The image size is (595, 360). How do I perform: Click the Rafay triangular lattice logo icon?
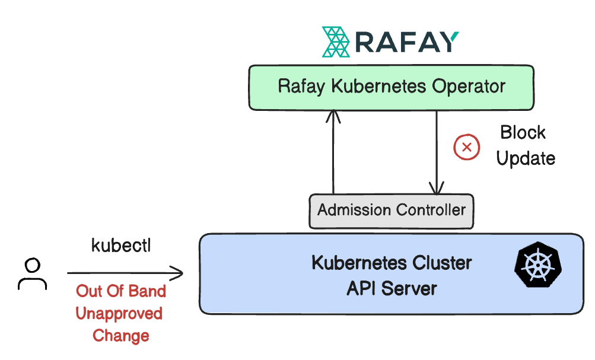coord(336,42)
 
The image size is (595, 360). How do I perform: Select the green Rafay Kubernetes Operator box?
coord(391,88)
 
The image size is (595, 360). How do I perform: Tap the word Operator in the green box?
coord(469,86)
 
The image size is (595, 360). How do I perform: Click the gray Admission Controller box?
coord(391,211)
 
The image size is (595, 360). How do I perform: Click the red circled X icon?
coord(467,147)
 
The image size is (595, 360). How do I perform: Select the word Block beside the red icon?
coord(523,132)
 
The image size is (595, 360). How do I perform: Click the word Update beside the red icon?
coord(526,158)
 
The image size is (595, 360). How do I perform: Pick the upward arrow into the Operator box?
coord(333,152)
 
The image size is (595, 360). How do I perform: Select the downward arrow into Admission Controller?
coord(437,152)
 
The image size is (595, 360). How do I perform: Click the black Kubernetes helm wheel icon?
coord(537,264)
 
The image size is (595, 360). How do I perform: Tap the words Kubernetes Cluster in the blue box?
coord(392,263)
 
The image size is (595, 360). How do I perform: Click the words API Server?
coord(392,289)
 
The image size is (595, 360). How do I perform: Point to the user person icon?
coord(32,274)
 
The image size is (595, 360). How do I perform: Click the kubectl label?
coord(121,246)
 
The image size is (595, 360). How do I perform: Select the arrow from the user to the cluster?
coord(125,273)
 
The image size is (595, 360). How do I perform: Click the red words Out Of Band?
coord(121,291)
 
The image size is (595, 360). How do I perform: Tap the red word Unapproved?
coord(119,314)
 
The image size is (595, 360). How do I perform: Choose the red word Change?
coord(121,336)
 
